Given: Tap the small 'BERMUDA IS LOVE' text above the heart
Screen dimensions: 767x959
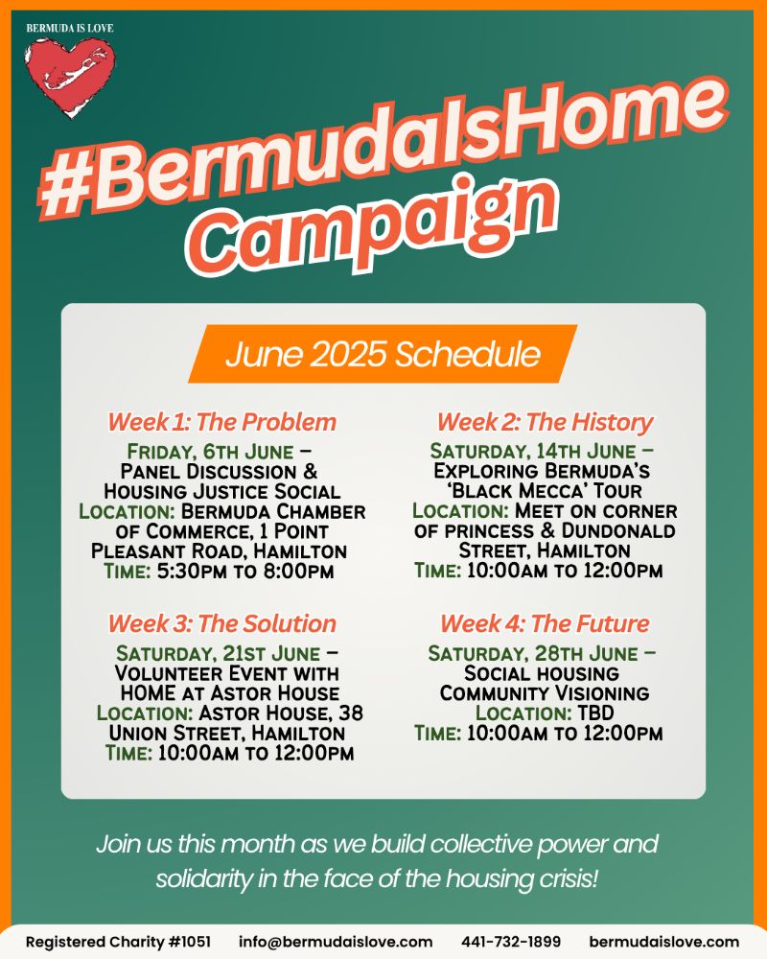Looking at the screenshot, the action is click(x=70, y=28).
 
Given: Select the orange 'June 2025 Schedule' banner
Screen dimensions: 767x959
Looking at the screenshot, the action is click(x=383, y=354).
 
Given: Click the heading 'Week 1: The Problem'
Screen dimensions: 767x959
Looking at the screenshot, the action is click(x=222, y=422).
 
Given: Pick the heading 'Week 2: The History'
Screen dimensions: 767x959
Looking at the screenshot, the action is click(x=545, y=422).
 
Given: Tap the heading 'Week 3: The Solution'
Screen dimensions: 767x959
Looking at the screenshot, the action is click(x=222, y=624).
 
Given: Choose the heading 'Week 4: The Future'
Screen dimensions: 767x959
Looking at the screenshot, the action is click(x=545, y=624).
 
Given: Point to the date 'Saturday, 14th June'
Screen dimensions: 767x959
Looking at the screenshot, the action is click(x=533, y=452).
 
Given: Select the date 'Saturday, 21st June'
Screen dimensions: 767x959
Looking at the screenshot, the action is click(x=219, y=654).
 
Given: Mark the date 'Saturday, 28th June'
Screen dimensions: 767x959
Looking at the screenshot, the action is click(x=533, y=654).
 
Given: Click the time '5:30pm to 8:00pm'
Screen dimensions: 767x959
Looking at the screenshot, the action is click(x=245, y=572).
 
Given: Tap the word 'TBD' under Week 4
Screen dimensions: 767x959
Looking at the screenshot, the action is click(x=595, y=713).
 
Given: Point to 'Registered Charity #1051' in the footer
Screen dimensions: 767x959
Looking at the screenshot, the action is click(x=118, y=942).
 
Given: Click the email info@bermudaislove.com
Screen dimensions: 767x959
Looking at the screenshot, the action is click(x=336, y=942).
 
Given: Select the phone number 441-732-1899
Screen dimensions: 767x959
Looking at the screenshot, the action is click(x=511, y=942).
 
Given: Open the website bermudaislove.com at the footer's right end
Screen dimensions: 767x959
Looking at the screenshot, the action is click(x=664, y=942).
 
